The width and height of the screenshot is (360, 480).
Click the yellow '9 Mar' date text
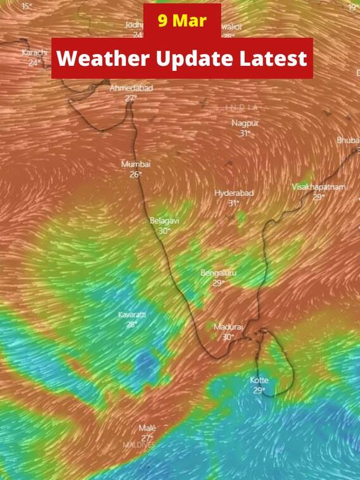click(182, 20)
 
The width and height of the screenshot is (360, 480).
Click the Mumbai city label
click(136, 164)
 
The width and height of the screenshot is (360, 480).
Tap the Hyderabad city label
click(234, 193)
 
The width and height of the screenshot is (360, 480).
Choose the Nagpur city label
click(245, 123)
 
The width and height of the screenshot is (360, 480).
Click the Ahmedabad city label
click(131, 88)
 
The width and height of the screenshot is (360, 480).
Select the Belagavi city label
click(165, 221)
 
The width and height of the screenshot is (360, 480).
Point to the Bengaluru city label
click(219, 273)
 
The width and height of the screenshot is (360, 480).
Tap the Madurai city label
click(228, 327)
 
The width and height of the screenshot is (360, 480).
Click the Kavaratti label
click(132, 315)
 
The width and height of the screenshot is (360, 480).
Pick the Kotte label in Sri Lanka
click(259, 380)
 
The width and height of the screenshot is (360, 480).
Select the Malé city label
click(147, 428)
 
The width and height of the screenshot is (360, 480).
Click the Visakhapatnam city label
click(319, 187)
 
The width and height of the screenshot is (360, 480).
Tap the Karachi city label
click(35, 53)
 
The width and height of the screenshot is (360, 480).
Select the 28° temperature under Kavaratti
click(132, 324)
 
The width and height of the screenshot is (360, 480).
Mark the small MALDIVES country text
click(139, 445)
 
